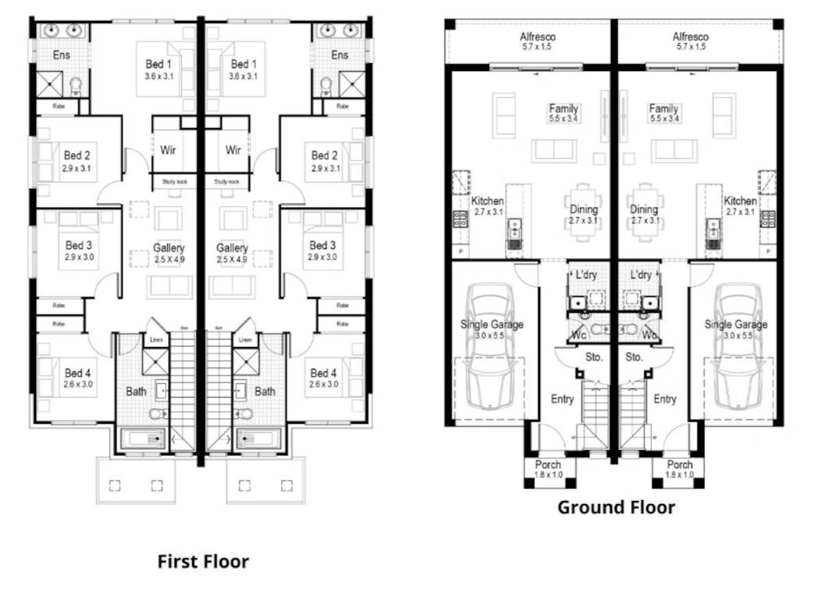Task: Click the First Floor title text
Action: [x=203, y=561]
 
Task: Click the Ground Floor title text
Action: [x=616, y=507]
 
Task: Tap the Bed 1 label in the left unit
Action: [x=158, y=64]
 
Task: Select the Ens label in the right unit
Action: [x=340, y=55]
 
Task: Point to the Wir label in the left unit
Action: [x=168, y=150]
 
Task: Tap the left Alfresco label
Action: [x=538, y=37]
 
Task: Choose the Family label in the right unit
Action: [x=663, y=109]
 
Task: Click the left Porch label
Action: [x=547, y=465]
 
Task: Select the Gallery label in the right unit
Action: [x=232, y=248]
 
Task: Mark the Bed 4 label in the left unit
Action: [x=78, y=373]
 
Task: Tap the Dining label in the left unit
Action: [x=584, y=209]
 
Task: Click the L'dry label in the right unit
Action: [x=640, y=275]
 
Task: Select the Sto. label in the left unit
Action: [x=592, y=357]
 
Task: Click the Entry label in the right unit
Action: [x=664, y=399]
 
